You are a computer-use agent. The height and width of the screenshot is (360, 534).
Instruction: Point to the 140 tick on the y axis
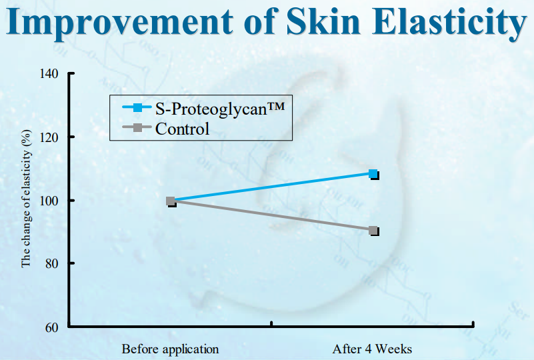49,73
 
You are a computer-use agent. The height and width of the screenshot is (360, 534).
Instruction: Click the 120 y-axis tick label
49,137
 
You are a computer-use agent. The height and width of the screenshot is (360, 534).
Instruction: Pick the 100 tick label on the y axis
49,201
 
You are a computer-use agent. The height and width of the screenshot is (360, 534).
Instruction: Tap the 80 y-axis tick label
52,263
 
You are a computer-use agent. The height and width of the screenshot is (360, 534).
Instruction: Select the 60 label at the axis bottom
52,327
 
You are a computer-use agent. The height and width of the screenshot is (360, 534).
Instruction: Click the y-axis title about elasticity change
26,199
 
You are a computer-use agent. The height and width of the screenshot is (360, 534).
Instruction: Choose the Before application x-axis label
170,349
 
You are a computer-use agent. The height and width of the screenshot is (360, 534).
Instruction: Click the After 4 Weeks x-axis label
372,349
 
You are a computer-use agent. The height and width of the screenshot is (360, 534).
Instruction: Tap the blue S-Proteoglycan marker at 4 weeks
373,174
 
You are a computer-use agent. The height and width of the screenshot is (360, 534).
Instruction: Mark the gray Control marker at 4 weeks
373,231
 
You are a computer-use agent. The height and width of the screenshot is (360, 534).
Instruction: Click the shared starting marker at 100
171,201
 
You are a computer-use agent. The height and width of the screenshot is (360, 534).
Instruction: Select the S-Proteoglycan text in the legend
219,109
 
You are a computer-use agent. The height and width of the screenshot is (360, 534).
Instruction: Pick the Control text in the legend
182,129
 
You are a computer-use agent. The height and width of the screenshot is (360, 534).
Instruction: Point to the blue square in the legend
137,107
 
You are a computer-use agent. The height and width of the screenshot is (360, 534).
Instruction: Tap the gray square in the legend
137,128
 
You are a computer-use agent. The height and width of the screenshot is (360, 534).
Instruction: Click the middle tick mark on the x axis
271,323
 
